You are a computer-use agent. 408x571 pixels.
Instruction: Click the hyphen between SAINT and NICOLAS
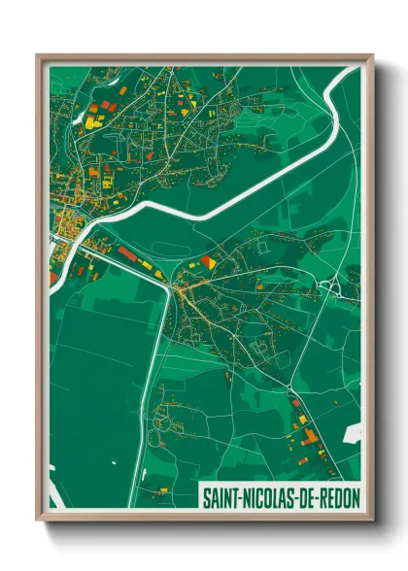coord(239,496)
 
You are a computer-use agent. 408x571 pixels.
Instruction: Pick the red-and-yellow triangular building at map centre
coord(208,261)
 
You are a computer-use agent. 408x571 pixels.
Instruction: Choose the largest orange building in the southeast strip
coord(310,436)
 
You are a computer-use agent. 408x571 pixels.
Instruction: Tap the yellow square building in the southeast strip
coord(303,420)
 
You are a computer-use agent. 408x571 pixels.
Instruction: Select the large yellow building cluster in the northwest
coord(92,120)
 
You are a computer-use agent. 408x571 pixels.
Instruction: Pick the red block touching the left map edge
coord(52,279)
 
